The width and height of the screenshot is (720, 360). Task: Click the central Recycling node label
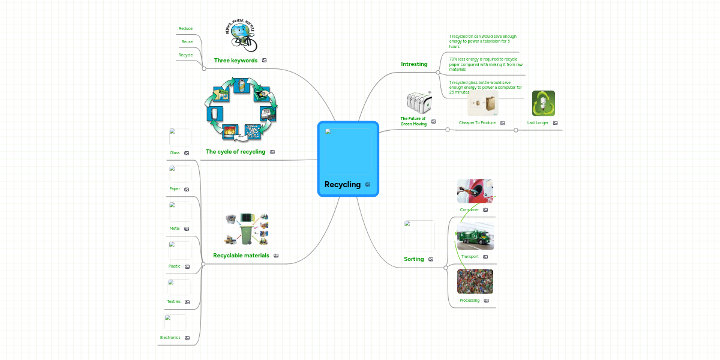(x=343, y=185)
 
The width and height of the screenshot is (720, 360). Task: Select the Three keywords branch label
(x=236, y=61)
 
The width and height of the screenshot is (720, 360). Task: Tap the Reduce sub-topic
(x=185, y=29)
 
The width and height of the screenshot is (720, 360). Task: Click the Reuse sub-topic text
(x=187, y=42)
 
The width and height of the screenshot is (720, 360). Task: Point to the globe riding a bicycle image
(x=243, y=35)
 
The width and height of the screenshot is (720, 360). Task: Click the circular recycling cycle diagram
(x=241, y=109)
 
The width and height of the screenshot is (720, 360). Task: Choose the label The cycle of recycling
(x=235, y=152)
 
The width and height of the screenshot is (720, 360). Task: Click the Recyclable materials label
(x=241, y=256)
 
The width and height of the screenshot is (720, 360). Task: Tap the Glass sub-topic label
(x=175, y=153)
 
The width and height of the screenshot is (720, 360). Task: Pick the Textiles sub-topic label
(x=173, y=302)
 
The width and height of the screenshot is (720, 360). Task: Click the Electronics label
(x=170, y=338)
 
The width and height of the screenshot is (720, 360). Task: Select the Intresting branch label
(x=414, y=64)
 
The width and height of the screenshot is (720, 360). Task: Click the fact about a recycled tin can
(x=482, y=41)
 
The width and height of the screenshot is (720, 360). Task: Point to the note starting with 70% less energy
(x=485, y=64)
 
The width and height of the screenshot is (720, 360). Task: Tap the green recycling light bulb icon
(x=543, y=103)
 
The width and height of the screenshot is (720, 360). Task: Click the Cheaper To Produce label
(x=477, y=123)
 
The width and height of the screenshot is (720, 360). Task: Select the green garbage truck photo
(x=475, y=238)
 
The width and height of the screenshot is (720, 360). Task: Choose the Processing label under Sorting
(x=469, y=301)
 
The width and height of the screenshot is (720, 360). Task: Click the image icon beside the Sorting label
(x=431, y=260)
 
